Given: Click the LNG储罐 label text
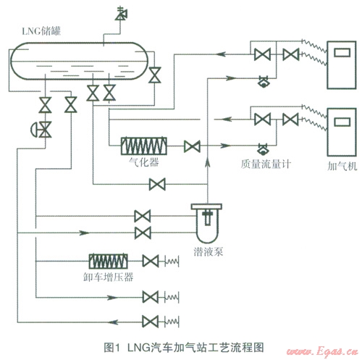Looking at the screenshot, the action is (41, 31).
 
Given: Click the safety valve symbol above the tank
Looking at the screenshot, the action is (122, 14).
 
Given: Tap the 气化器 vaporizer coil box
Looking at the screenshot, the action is (144, 146).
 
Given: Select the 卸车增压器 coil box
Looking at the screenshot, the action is (109, 261).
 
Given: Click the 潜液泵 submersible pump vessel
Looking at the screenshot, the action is (207, 223).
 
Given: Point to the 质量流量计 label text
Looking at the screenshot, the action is (266, 164).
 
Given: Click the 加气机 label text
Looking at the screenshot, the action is (342, 166).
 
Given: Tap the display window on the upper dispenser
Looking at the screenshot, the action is (342, 52).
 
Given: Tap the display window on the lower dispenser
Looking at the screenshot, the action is (342, 122).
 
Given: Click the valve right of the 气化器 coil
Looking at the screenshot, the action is (192, 146).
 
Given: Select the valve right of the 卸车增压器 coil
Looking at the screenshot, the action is (151, 261).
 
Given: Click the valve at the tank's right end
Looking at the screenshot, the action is (155, 75).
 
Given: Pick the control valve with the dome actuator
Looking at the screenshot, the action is (41, 130).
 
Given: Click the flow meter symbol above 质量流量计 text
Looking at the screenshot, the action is (263, 150).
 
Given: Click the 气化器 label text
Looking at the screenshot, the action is (144, 162).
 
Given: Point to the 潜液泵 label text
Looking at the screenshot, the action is (208, 252).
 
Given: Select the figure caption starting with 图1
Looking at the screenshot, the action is (184, 348).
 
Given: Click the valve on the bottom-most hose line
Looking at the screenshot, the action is (151, 322).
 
